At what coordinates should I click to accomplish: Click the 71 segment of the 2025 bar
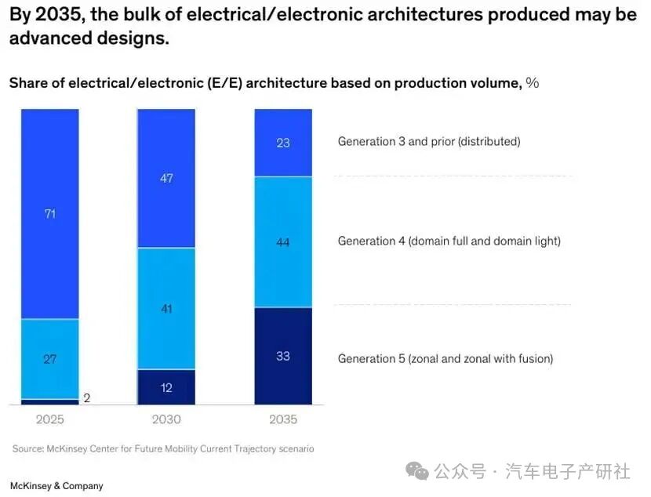pos(50,213)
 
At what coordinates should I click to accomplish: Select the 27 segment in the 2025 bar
pos(50,359)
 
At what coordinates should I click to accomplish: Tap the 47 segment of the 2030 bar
pos(165,179)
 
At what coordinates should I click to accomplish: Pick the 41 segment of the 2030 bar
pos(165,308)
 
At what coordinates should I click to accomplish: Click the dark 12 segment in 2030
pos(165,387)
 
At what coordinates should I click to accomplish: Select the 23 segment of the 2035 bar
pos(283,143)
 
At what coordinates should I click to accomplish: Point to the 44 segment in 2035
pos(283,242)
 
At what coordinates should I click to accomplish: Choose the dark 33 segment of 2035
pos(283,356)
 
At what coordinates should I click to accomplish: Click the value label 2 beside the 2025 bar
pos(86,398)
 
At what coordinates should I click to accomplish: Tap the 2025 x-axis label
pos(50,419)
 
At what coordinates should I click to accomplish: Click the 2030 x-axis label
pos(165,419)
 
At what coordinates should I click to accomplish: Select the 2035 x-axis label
pos(283,419)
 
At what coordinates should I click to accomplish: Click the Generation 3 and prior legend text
pos(429,142)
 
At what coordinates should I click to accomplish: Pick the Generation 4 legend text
pos(449,241)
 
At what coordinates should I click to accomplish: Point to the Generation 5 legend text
pos(445,359)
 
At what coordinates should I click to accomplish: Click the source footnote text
pos(163,449)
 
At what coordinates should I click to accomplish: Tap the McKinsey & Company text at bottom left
pos(56,486)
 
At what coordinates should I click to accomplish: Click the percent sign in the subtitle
pos(533,83)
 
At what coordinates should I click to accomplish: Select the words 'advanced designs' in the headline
pos(89,38)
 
